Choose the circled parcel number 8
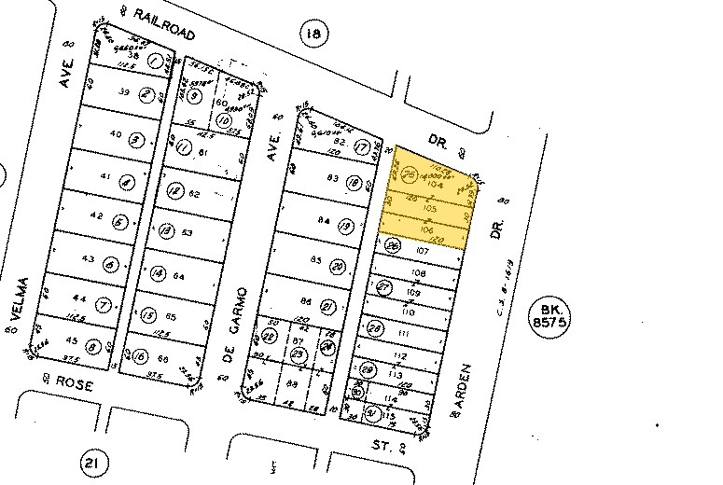[91, 347]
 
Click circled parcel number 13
[166, 230]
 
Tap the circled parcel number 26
[393, 246]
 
